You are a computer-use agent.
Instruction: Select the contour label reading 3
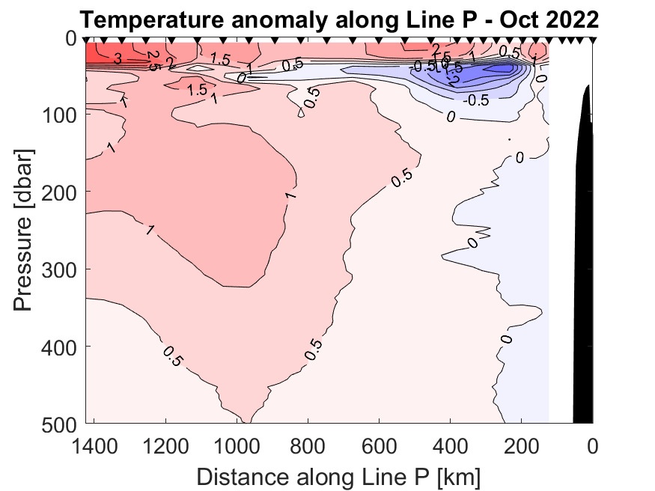pyautogui.click(x=118, y=58)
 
